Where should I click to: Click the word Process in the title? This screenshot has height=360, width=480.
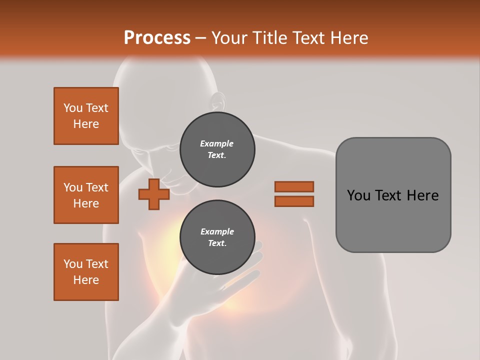pyautogui.click(x=157, y=38)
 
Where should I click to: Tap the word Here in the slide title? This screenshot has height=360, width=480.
pyautogui.click(x=348, y=38)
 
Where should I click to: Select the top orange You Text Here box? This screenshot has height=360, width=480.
pyautogui.click(x=86, y=116)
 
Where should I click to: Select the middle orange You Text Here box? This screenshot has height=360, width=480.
pyautogui.click(x=86, y=195)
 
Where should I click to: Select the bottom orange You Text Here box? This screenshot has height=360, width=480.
pyautogui.click(x=86, y=272)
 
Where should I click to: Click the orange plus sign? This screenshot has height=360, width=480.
pyautogui.click(x=154, y=194)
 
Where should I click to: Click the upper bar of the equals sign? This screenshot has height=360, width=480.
pyautogui.click(x=294, y=186)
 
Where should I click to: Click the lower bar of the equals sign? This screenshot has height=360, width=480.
pyautogui.click(x=294, y=201)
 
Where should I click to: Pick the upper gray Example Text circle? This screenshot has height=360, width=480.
pyautogui.click(x=217, y=149)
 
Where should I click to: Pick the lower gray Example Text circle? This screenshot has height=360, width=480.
pyautogui.click(x=217, y=237)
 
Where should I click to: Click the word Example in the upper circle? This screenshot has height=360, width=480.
pyautogui.click(x=217, y=143)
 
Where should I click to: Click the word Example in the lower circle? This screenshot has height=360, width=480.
pyautogui.click(x=217, y=231)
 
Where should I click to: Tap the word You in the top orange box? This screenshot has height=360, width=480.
pyautogui.click(x=73, y=108)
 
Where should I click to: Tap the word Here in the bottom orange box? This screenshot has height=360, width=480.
pyautogui.click(x=86, y=280)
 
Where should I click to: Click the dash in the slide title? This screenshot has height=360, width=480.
pyautogui.click(x=200, y=38)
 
